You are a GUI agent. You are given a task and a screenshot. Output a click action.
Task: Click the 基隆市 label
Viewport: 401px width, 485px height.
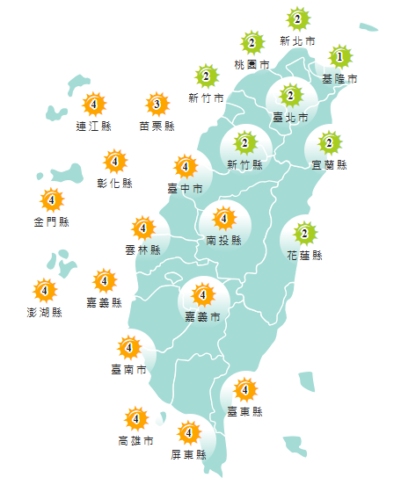[339, 78]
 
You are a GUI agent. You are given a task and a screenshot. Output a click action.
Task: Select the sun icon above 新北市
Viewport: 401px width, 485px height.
[297, 19]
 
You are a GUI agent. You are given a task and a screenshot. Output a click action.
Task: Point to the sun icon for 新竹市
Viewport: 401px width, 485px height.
[207, 76]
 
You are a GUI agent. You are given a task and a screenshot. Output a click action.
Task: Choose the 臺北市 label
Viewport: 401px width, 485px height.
[290, 117]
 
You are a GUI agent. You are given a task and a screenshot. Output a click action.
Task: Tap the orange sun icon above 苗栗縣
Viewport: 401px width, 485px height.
[157, 105]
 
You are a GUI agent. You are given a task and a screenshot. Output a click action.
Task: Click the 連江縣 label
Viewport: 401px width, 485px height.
[93, 126]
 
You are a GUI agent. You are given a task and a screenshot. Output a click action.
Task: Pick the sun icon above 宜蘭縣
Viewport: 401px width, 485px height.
[329, 142]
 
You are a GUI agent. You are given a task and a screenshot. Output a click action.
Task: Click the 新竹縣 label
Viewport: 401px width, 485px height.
[244, 164]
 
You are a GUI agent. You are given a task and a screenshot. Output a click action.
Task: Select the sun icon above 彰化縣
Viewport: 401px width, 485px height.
[115, 163]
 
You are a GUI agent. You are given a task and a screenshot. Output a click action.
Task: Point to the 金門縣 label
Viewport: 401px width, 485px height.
[51, 221]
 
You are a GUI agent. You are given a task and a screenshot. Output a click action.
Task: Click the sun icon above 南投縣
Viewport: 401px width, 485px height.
[223, 218]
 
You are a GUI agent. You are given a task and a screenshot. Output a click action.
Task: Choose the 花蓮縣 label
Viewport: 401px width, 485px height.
[304, 256]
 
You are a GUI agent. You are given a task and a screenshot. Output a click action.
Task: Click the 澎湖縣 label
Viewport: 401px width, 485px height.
[44, 311]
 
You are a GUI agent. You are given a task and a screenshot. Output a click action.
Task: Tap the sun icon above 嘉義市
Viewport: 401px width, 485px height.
[202, 295]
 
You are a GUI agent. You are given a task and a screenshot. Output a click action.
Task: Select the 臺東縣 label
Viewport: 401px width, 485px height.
[244, 410]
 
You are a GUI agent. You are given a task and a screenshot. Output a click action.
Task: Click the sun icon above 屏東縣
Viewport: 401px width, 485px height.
[188, 433]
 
